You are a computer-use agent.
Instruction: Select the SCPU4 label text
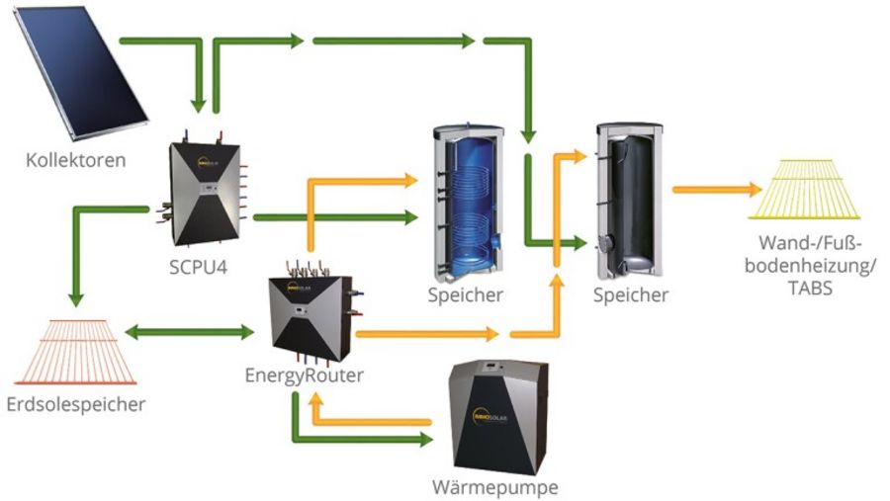[198, 267]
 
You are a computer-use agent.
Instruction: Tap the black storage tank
[627, 203]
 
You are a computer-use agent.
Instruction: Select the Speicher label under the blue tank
[466, 294]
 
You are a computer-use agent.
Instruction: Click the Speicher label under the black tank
[632, 294]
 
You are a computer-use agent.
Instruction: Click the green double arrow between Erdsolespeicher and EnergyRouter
[189, 333]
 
